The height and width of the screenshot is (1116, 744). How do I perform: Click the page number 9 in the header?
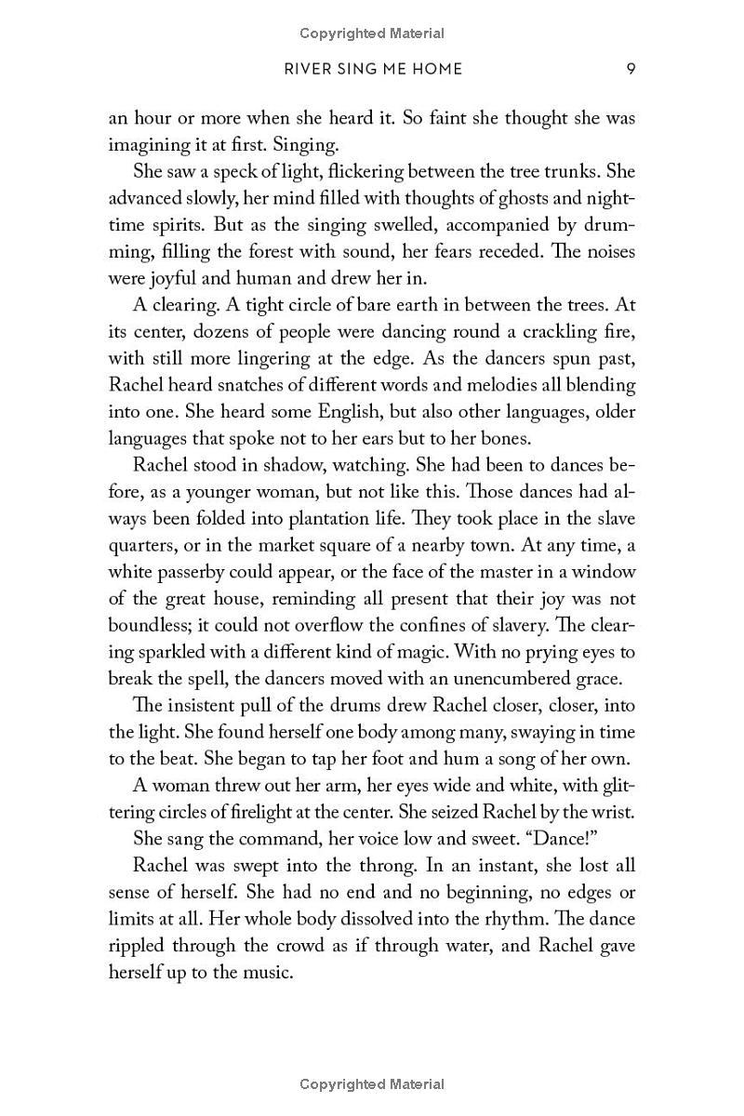[631, 68]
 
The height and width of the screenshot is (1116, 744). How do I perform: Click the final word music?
[266, 972]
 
